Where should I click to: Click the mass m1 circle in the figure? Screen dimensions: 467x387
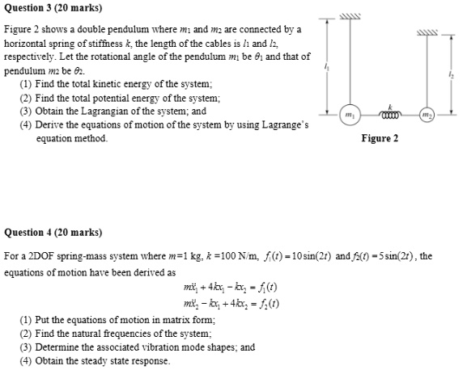click(350, 115)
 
